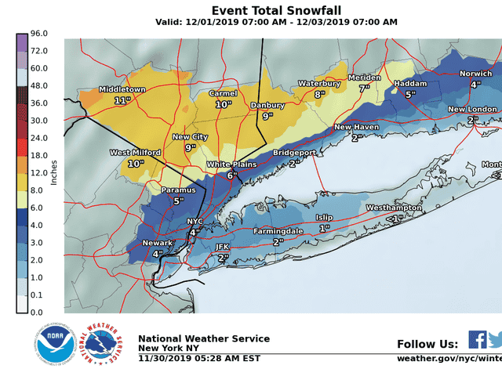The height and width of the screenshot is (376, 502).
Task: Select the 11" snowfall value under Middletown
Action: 121,101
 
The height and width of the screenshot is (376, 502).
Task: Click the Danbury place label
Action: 267,105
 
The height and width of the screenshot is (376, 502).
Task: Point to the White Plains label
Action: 231,164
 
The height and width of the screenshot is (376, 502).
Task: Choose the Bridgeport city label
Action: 294,153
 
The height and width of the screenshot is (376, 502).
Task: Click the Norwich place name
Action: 475,74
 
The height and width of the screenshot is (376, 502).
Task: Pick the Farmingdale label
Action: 278,232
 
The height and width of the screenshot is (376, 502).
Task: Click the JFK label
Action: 222,247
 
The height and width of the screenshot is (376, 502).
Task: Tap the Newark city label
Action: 157,243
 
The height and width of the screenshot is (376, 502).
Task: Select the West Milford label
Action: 136,153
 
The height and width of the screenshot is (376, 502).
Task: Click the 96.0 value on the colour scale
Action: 40,34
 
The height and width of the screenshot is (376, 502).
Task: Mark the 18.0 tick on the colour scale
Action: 40,155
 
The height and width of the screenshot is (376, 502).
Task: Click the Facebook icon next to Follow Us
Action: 477,339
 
